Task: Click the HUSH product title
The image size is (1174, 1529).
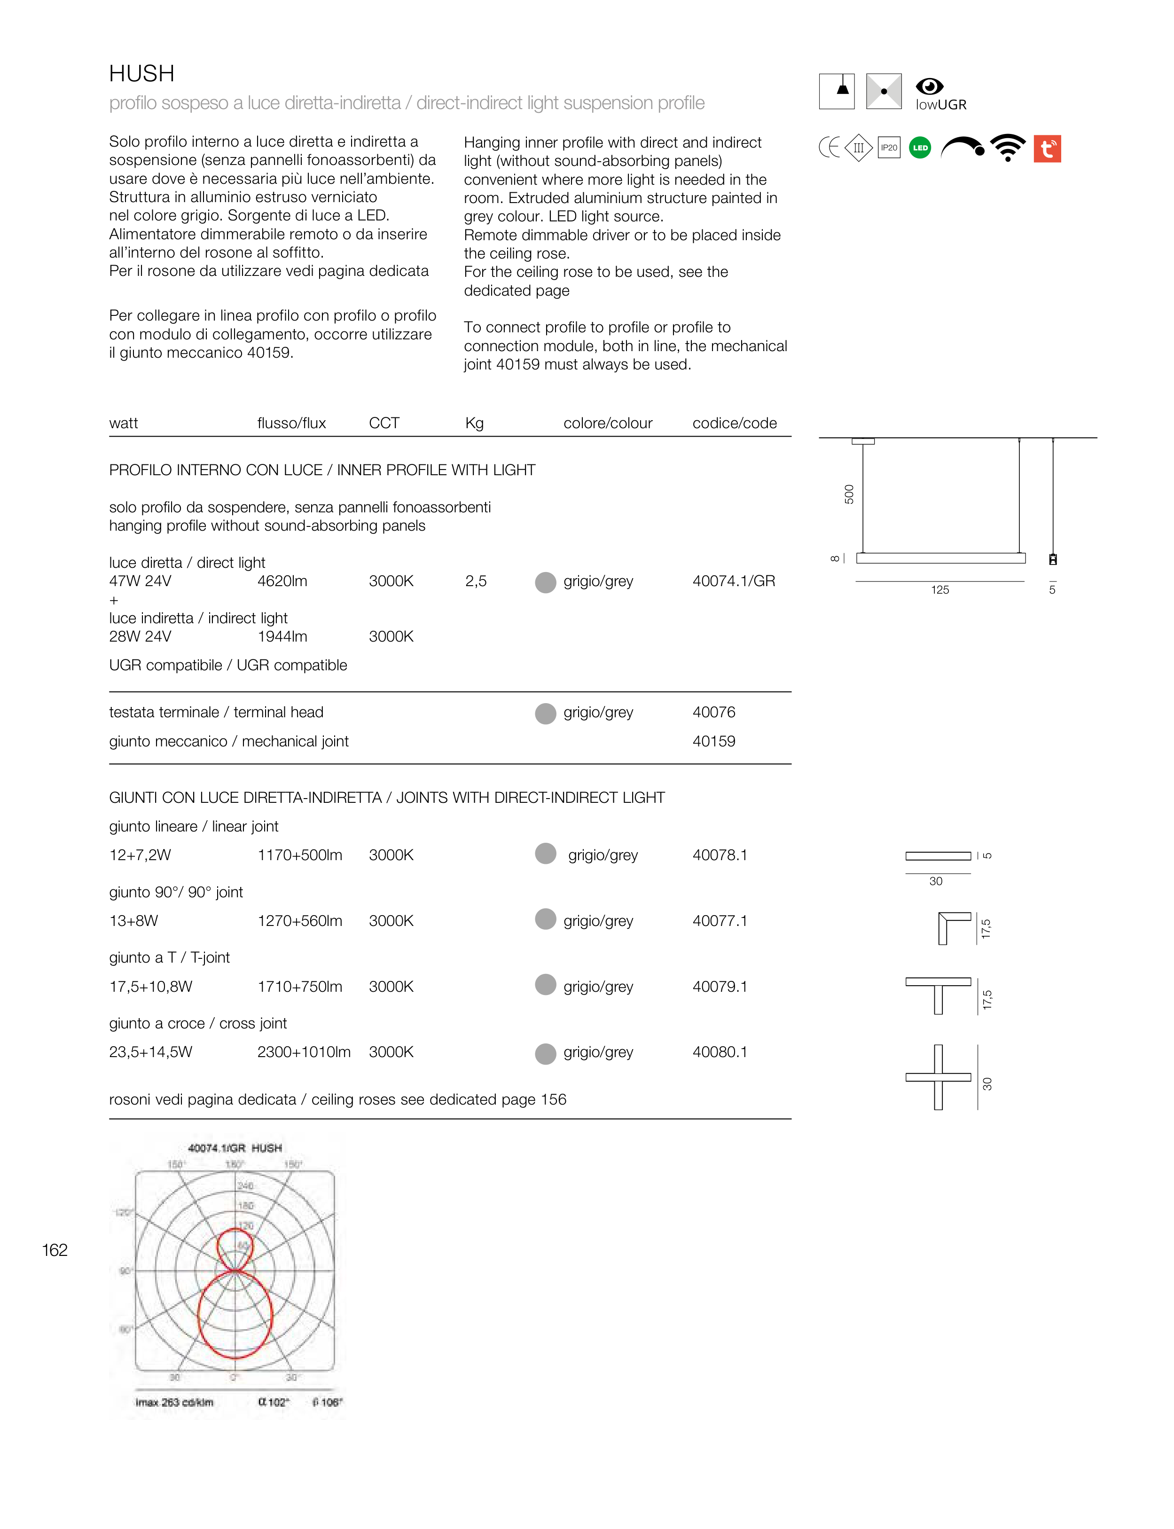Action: click(x=142, y=73)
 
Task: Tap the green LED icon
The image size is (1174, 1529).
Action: click(x=920, y=148)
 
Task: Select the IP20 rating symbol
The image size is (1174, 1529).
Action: click(x=889, y=148)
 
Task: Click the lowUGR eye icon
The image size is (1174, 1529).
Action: click(x=930, y=86)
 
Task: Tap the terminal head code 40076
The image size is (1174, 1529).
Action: click(x=713, y=712)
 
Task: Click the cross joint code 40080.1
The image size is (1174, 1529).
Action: click(x=720, y=1052)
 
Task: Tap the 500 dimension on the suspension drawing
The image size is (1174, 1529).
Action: click(x=849, y=494)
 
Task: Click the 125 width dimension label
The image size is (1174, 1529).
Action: click(x=940, y=590)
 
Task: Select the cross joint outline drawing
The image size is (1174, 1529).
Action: click(x=938, y=1077)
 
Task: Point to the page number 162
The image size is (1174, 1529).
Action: click(x=55, y=1250)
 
